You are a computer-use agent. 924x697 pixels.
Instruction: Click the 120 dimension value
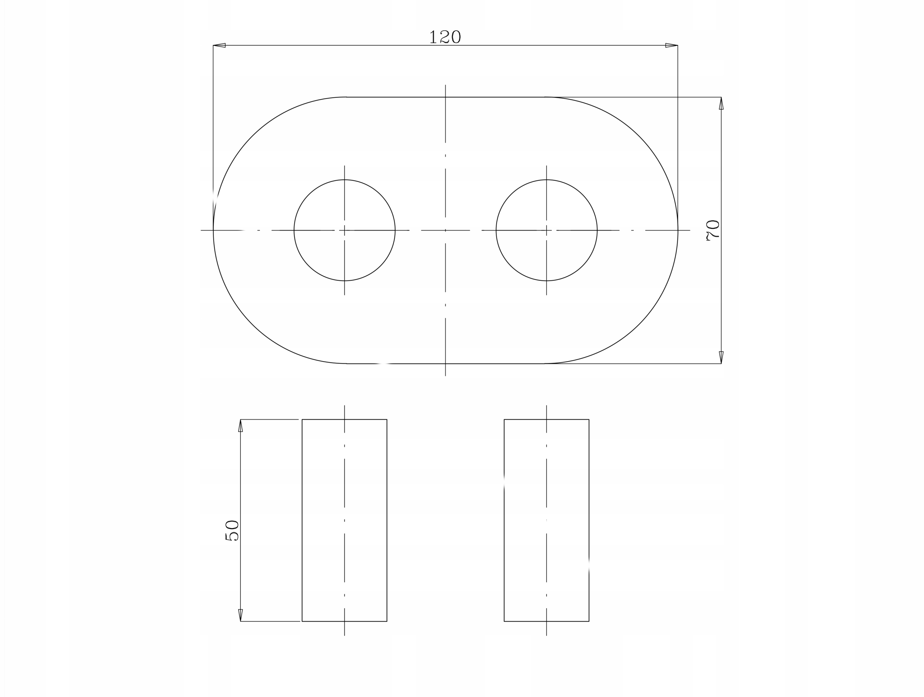click(x=445, y=37)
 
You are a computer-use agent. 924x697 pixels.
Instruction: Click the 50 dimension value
click(x=232, y=530)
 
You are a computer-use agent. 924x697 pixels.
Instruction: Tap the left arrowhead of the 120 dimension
click(x=219, y=45)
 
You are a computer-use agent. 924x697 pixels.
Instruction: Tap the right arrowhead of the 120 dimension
click(x=671, y=45)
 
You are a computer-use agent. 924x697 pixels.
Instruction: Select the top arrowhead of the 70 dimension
click(x=721, y=103)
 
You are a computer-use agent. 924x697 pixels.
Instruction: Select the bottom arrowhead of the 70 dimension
click(x=721, y=358)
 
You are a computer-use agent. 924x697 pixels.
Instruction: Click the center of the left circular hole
click(x=345, y=230)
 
